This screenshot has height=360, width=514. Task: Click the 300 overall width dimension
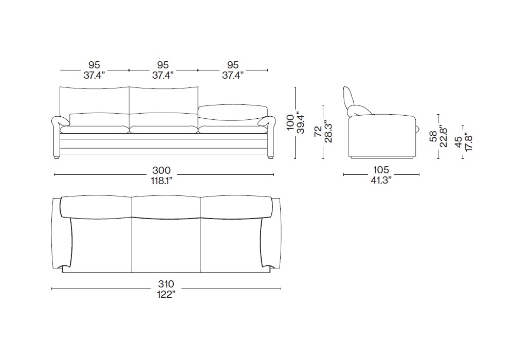(x=161, y=170)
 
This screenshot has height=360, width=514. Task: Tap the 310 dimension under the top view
(x=166, y=284)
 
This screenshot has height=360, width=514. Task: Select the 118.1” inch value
(x=161, y=181)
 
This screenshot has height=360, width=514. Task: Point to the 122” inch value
(x=166, y=294)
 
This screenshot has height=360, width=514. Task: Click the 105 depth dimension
(x=381, y=170)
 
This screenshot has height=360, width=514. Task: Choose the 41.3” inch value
(x=381, y=180)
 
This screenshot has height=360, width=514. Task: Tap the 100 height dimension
(x=290, y=122)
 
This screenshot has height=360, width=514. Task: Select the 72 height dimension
(x=318, y=132)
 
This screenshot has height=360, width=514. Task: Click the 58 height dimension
(x=433, y=136)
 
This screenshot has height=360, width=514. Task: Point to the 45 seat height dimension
(x=458, y=141)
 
